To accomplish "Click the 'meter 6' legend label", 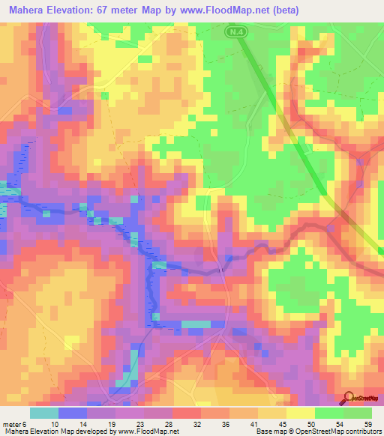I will tap(13, 423).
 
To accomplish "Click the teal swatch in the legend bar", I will tap(43, 413).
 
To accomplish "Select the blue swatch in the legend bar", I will tap(72, 413).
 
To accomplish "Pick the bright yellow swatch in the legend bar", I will tap(301, 413).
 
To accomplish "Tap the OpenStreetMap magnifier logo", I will tap(349, 398).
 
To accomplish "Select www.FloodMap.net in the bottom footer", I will tap(146, 432).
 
